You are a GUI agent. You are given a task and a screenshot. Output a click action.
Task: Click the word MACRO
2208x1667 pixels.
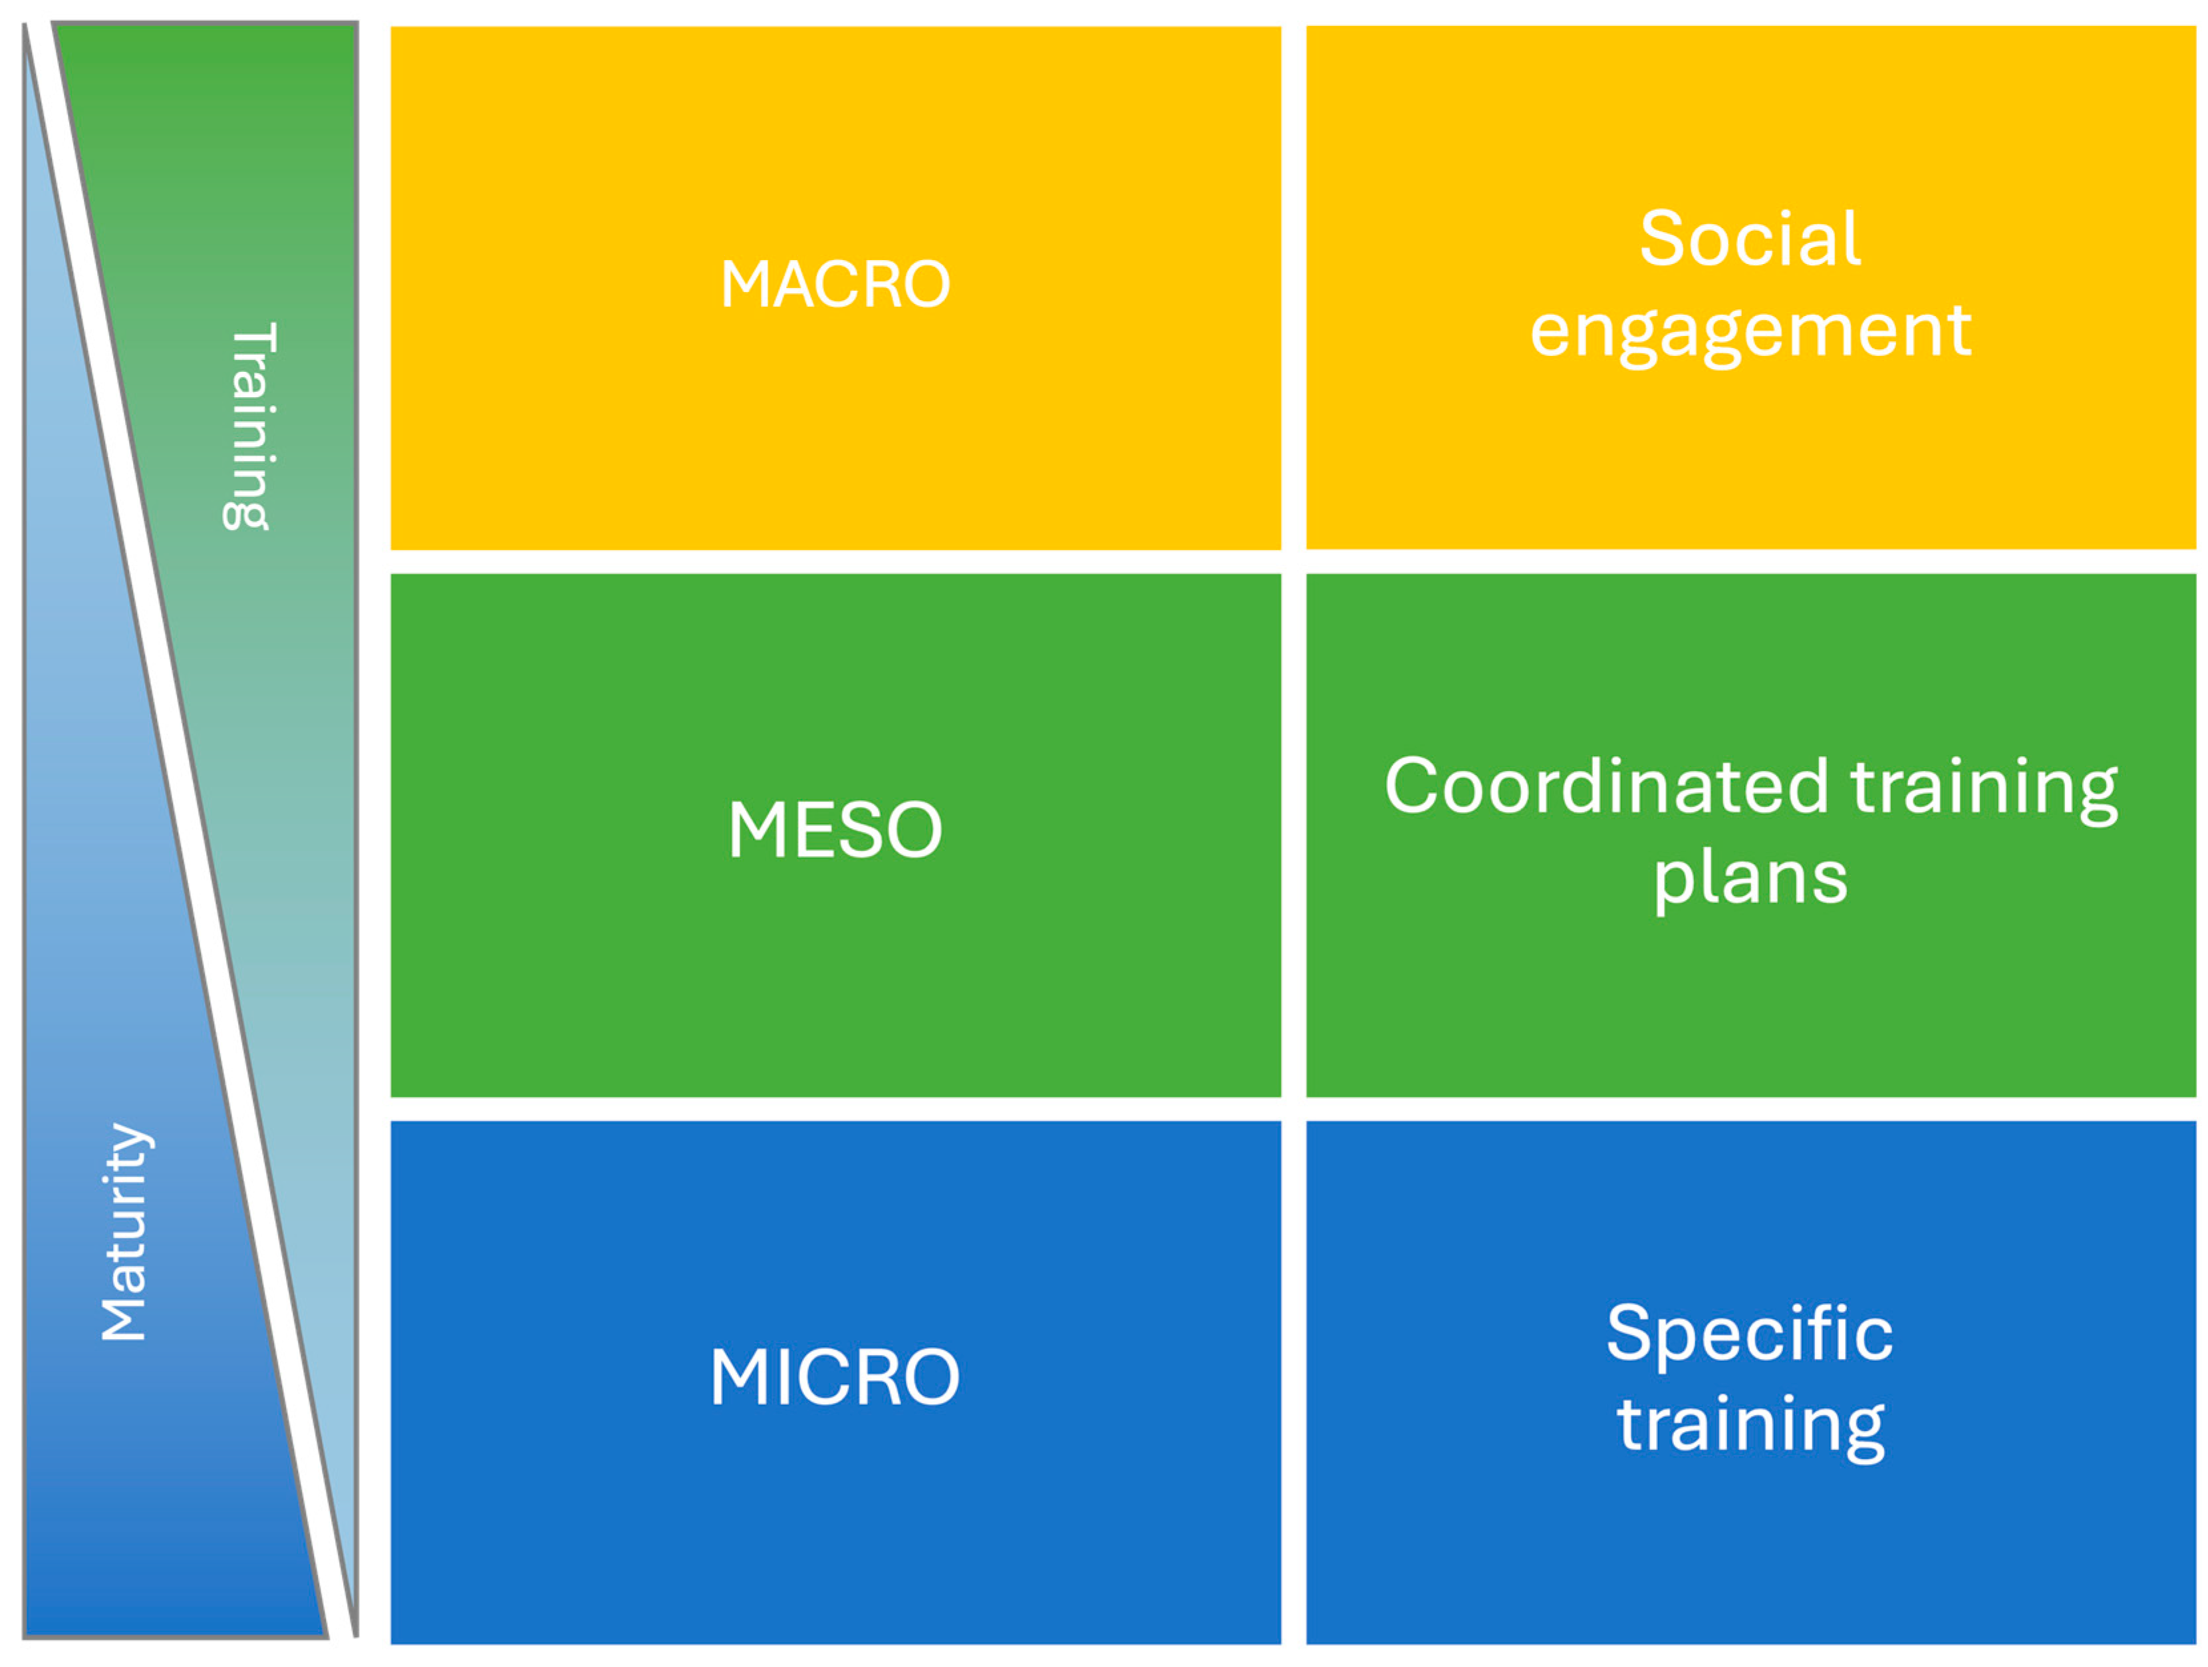point(835,285)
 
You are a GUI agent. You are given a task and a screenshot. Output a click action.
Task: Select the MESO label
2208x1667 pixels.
point(835,830)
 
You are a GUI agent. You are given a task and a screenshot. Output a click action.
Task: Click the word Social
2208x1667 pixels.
point(1750,239)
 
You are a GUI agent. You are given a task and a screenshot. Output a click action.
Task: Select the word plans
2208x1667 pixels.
point(1750,879)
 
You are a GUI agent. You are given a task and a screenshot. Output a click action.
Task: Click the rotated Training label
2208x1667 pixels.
point(249,426)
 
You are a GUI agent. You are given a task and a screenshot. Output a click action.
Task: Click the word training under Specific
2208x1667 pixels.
point(1750,1426)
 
